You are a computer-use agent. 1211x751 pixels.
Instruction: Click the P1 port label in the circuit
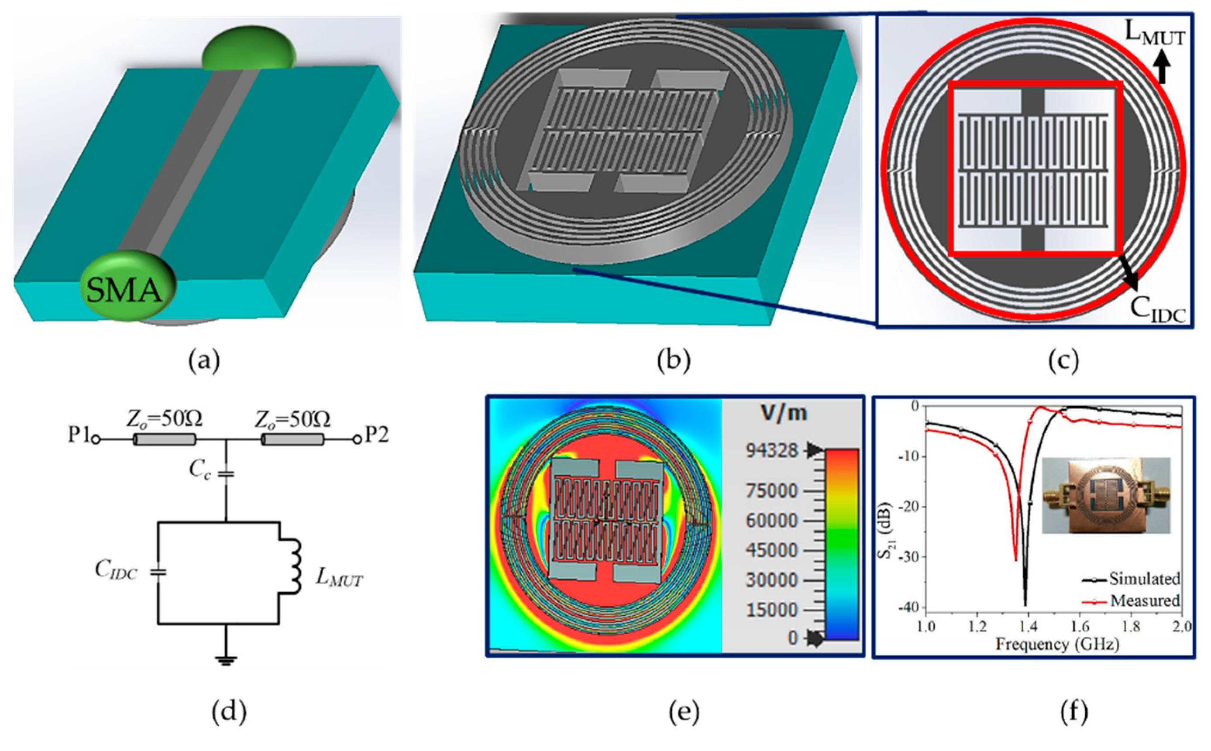click(x=79, y=435)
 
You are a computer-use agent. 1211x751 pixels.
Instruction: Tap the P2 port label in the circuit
click(x=376, y=435)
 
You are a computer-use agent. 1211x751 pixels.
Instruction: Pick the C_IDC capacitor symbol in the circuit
click(x=158, y=572)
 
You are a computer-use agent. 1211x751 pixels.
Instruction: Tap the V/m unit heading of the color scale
click(x=783, y=413)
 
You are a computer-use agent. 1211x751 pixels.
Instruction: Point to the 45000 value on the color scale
click(x=772, y=550)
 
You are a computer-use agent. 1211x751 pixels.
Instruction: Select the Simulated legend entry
click(x=1143, y=579)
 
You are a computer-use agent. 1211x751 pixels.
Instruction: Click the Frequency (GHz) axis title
click(x=1057, y=645)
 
